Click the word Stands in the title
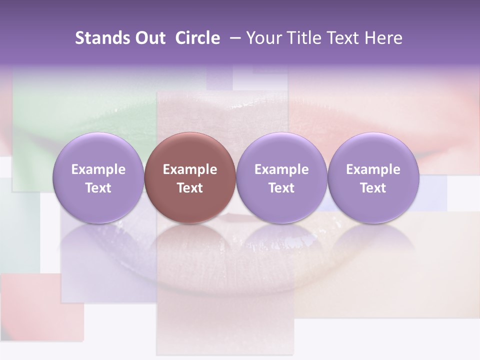tap(103, 38)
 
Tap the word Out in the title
tap(150, 38)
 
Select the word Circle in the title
tap(197, 38)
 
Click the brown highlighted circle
tap(190, 150)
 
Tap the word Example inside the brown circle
tap(190, 169)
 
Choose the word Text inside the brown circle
tap(190, 188)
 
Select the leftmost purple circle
tap(98, 150)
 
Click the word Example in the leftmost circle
tap(98, 169)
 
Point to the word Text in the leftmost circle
tap(98, 188)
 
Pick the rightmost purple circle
tap(373, 150)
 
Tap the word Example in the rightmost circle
tap(373, 169)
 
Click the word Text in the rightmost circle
tap(373, 188)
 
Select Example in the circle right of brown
tap(281, 169)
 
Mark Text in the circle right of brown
tap(281, 188)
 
